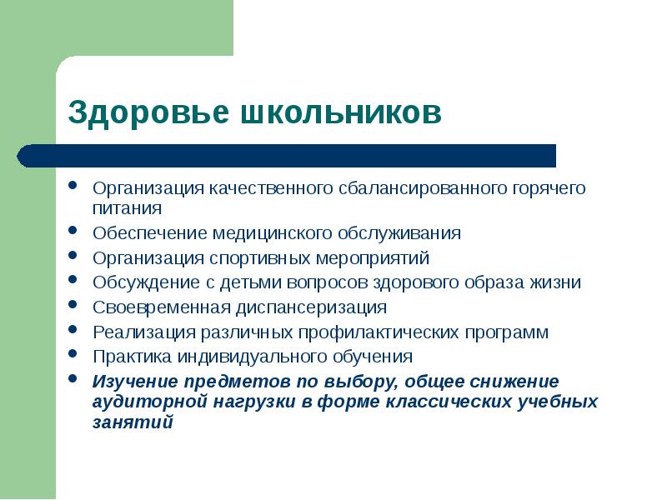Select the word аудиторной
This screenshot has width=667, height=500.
(x=148, y=401)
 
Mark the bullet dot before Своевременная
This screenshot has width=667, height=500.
(x=73, y=306)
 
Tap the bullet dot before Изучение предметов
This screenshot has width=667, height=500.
(x=73, y=381)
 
